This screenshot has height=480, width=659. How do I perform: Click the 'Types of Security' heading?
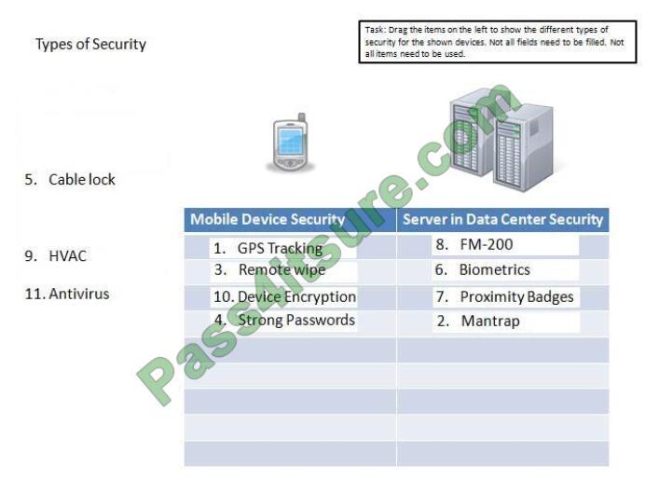[90, 44]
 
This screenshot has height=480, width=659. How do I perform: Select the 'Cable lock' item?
[70, 180]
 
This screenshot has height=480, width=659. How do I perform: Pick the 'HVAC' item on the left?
[56, 255]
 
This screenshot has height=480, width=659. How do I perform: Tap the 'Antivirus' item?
[67, 294]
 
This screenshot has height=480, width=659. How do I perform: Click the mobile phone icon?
[290, 142]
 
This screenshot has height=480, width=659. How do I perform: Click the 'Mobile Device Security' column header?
[268, 219]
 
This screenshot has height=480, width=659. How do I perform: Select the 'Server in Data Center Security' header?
[502, 219]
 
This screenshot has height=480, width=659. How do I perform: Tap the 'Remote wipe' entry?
[283, 270]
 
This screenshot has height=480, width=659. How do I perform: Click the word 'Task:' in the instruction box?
[375, 30]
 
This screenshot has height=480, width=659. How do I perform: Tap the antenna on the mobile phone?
[301, 118]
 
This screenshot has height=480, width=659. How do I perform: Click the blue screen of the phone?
[290, 141]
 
